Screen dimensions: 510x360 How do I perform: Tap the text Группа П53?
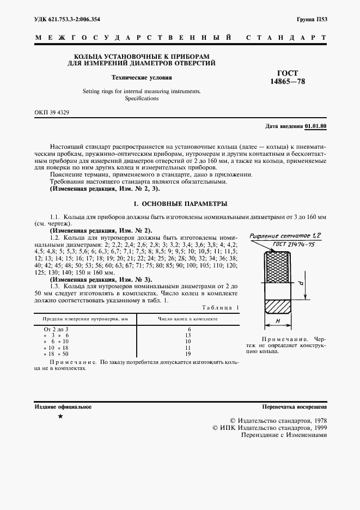312,20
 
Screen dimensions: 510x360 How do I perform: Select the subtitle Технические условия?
142,77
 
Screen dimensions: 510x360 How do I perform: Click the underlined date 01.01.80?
315,126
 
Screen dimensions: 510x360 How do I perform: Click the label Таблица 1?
220,307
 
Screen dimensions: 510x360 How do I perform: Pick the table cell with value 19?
188,354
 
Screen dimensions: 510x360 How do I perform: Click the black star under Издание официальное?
60,417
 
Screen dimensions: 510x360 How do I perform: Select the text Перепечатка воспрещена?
294,406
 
